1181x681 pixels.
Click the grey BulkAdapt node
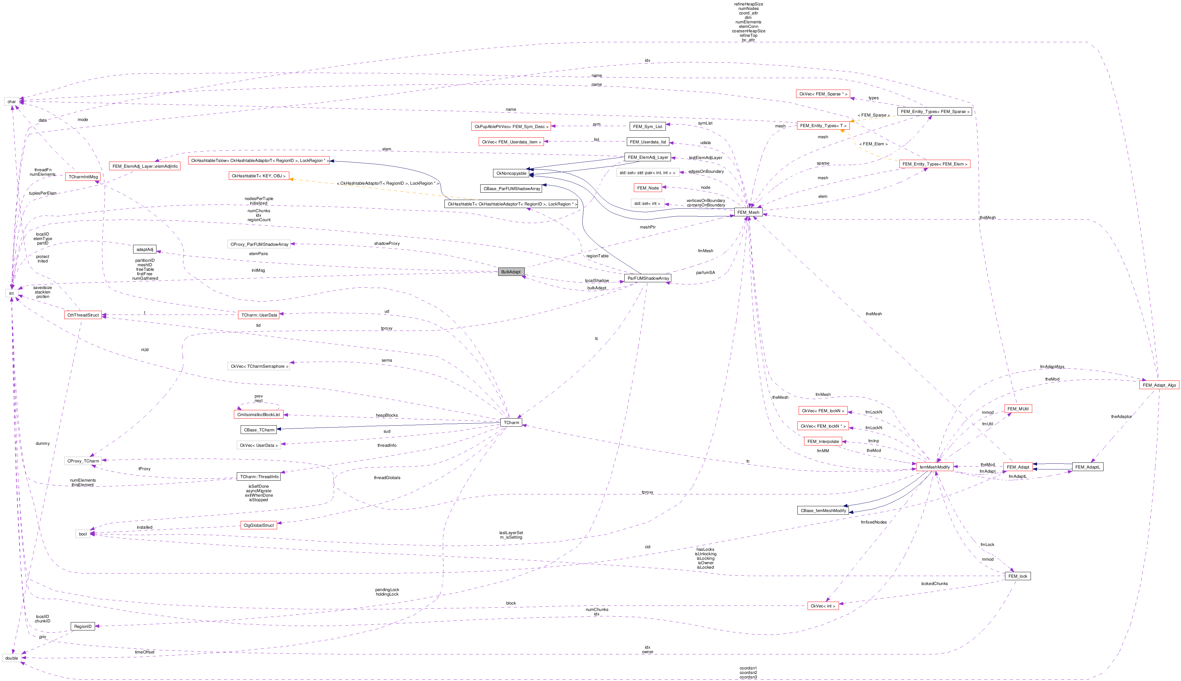[x=511, y=272]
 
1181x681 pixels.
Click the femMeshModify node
[x=934, y=467]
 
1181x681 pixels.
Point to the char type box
[x=12, y=101]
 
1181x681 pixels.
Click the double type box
[x=12, y=658]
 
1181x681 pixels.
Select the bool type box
[x=83, y=534]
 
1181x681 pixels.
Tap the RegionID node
[x=83, y=626]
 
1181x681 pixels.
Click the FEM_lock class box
[x=1017, y=576]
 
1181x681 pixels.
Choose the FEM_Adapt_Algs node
[x=1159, y=385]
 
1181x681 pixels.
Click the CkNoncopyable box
[x=511, y=173]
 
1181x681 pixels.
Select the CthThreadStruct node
[x=83, y=315]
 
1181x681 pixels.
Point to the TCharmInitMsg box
[x=83, y=177]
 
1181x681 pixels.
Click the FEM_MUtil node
[x=1017, y=409]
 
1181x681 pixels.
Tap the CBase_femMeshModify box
[x=823, y=510]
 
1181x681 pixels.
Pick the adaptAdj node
[x=145, y=249]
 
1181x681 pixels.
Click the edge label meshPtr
[x=648, y=227]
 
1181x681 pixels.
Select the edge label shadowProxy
[x=387, y=244]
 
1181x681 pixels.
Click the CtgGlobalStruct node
[x=259, y=525]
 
